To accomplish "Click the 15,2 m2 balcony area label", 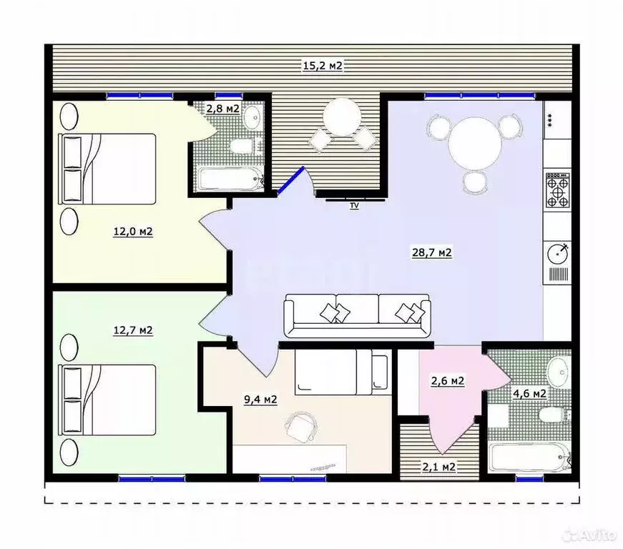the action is click(322, 66).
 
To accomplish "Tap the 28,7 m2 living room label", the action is click(432, 252).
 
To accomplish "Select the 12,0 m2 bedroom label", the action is click(133, 231).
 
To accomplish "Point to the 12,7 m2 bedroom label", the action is click(133, 330).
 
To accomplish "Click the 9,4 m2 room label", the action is click(260, 399).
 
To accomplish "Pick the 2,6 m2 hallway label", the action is click(448, 381).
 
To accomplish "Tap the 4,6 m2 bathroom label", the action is click(529, 393).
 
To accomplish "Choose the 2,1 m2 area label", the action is click(438, 467).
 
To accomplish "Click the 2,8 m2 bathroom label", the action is click(222, 109).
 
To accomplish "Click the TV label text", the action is click(354, 206).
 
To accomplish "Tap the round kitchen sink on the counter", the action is click(558, 254).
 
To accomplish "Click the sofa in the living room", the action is click(358, 316).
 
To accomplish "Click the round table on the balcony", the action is click(342, 117).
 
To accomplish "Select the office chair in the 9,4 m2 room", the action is click(301, 426).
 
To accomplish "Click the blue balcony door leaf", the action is click(291, 180).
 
